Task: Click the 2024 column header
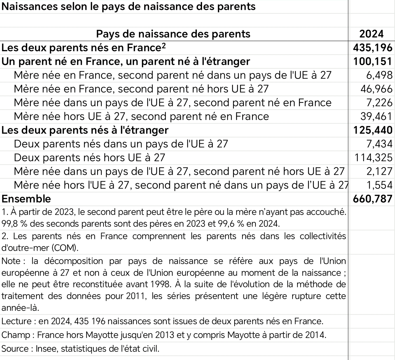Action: point(371,34)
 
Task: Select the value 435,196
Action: point(373,48)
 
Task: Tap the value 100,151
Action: point(373,62)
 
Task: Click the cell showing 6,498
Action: point(379,75)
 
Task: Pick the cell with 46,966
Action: point(375,89)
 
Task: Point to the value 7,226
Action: point(379,103)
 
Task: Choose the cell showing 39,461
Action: point(375,117)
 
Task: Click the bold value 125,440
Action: point(373,130)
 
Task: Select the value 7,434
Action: point(379,144)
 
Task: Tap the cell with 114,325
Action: point(373,158)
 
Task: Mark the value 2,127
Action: point(379,171)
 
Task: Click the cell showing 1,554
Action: point(379,185)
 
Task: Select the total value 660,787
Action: point(373,199)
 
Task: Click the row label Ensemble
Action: point(26,199)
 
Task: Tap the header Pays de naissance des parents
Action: point(173,34)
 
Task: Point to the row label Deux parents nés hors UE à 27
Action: point(89,158)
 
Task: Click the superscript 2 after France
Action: point(164,45)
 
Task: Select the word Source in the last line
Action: point(15,349)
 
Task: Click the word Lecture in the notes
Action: point(16,321)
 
